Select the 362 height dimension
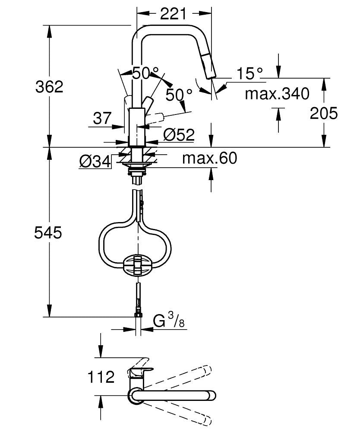49,87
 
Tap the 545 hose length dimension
48,233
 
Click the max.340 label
277,93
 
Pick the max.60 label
209,159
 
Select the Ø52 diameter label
179,135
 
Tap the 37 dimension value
102,118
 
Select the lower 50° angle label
179,94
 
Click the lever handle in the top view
140,372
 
